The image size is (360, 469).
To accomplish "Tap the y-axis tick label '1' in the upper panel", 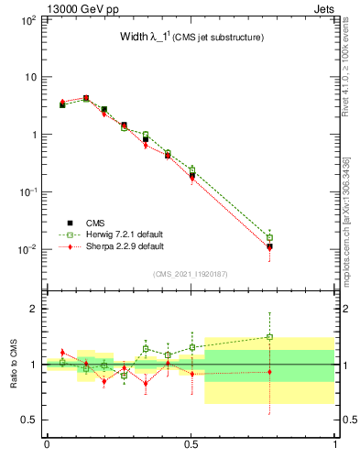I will pos(32,135).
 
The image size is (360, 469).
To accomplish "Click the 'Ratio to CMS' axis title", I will pos(14,365).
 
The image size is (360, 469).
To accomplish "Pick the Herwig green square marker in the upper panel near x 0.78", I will pos(269,237).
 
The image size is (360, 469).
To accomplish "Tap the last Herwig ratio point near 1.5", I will pos(269,337).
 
